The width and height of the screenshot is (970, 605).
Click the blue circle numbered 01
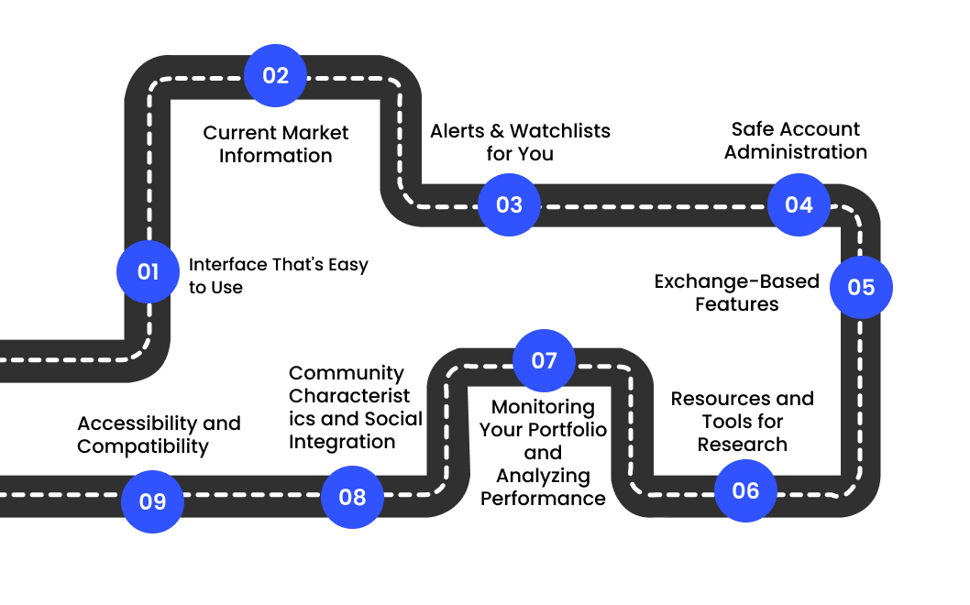pos(148,272)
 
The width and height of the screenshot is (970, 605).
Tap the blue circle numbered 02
pos(275,75)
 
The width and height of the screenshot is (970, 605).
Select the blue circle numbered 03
pos(509,204)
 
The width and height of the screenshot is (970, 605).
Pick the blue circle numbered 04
pos(799,204)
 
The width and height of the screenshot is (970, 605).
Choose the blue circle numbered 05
pos(861,287)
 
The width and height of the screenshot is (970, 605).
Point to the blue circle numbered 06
pos(745,490)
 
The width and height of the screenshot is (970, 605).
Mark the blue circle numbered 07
pos(544,360)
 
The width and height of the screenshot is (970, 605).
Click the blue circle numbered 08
pos(352,497)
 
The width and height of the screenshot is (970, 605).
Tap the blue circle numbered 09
pos(152,501)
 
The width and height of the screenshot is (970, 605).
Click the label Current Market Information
pos(275,144)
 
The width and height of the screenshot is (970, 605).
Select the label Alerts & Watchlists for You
pos(520,142)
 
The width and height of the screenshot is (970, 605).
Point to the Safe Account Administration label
pos(795,140)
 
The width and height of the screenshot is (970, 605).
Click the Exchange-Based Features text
pos(736,292)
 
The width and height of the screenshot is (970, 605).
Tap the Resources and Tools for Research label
pos(742,422)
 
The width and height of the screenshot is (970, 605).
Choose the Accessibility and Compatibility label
pos(159,434)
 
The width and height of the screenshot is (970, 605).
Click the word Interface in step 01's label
pos(227,265)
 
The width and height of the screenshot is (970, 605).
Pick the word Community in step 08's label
pos(346,373)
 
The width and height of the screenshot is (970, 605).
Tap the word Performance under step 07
pos(543,499)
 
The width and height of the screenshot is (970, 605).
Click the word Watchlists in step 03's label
pos(559,131)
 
